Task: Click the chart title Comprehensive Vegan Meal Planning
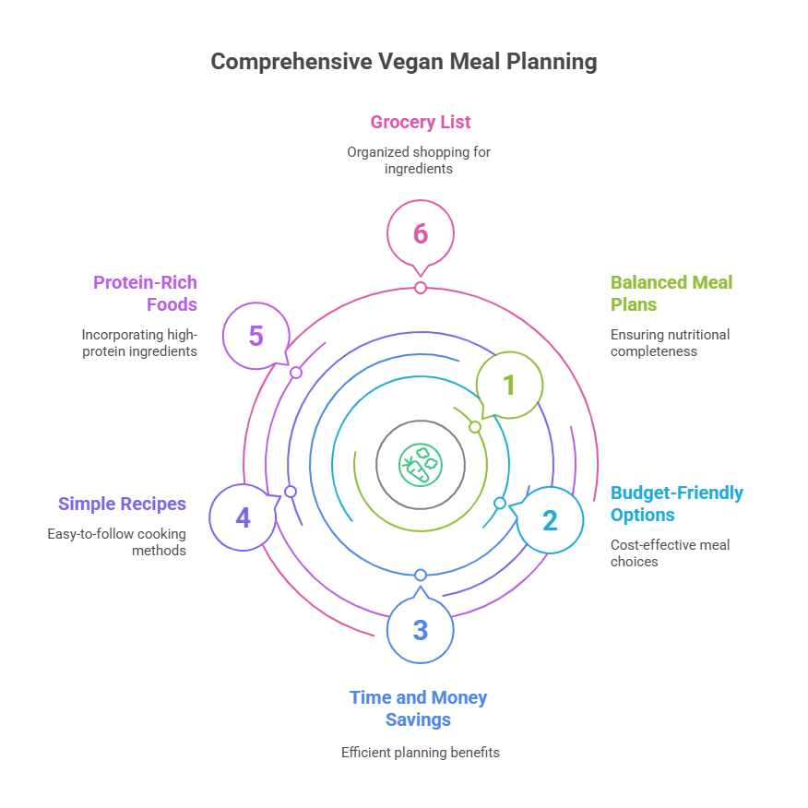coord(404,62)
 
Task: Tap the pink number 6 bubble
coord(421,233)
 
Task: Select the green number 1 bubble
coord(509,385)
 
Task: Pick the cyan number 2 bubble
coord(550,520)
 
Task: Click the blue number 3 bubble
coord(421,630)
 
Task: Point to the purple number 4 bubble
coord(243,517)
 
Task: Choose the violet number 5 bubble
coord(256,336)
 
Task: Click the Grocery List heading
coord(421,122)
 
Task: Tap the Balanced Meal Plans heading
coord(671,293)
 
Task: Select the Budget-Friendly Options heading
coord(677,504)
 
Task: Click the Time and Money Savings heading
coord(418,707)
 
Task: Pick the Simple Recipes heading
coord(122,504)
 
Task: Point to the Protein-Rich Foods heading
coord(146,293)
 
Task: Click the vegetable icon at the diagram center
coord(421,464)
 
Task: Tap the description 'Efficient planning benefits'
coord(421,752)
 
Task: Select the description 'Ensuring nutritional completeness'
coord(670,342)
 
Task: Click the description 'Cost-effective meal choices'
coord(670,553)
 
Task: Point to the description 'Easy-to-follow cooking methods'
coord(117,541)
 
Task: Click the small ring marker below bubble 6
coord(421,288)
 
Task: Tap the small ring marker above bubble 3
coord(421,575)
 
